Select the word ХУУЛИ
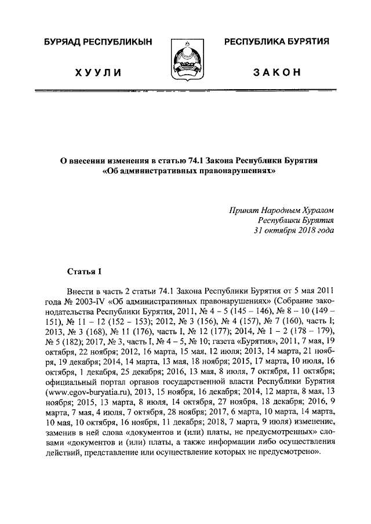pos(98,72)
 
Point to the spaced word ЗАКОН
pos(277,72)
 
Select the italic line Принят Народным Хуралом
pos(282,211)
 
